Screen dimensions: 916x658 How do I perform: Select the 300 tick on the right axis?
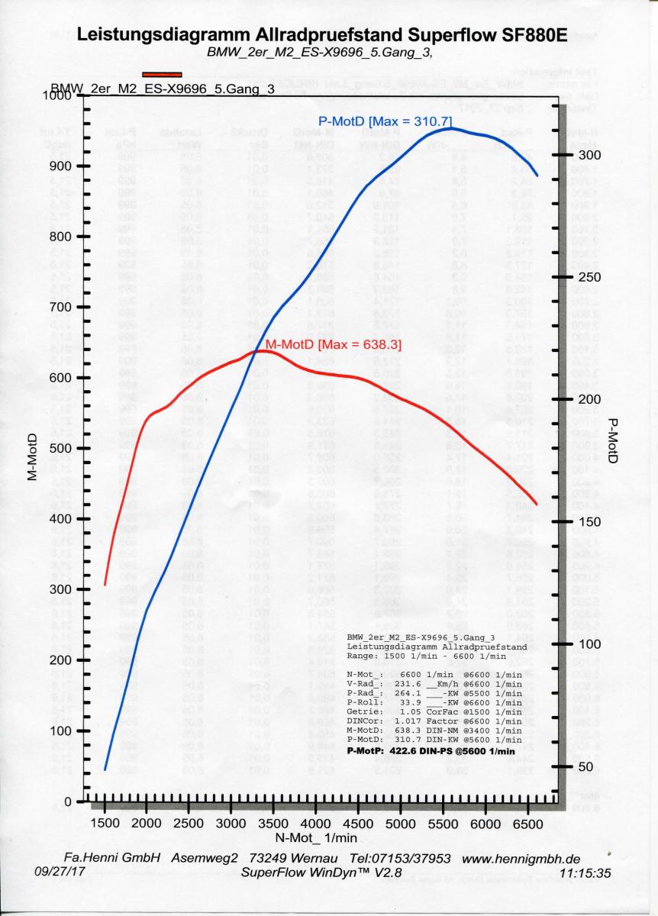594,155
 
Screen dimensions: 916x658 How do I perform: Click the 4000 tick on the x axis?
315,824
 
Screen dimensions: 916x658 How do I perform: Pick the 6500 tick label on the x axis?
526,824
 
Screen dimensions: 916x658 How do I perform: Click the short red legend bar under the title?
161,74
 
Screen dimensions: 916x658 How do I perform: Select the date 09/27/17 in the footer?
55,871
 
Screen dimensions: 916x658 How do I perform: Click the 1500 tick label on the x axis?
105,824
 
